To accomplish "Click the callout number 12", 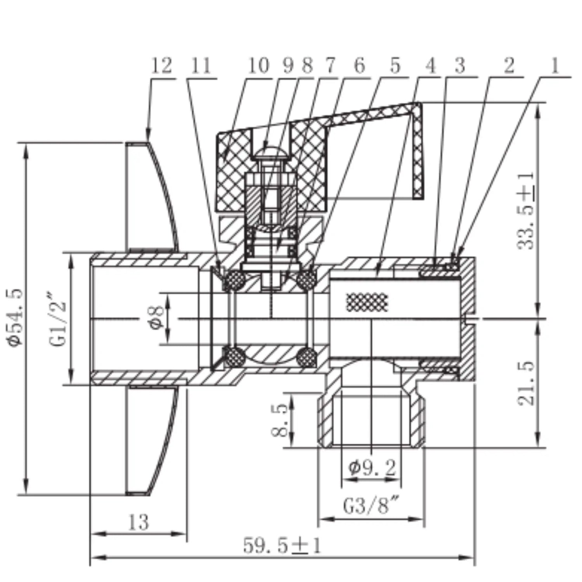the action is point(161,66).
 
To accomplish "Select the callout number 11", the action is point(201,66).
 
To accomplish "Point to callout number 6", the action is point(360,66).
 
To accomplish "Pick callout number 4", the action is point(431,66).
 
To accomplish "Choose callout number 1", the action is point(555,66).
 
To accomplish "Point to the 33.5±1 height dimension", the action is point(526,211).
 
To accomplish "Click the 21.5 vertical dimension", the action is point(526,384).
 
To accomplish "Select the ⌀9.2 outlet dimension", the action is point(372,468).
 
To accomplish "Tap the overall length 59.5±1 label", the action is point(282,546).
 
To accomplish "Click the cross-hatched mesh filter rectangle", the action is point(367,301).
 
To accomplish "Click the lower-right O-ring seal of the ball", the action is point(307,356).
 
